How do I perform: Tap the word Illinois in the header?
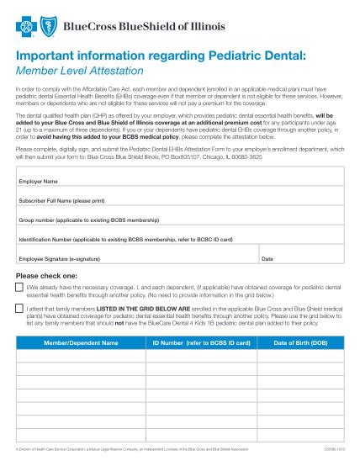click(x=207, y=26)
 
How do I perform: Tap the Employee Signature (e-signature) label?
click(x=67, y=260)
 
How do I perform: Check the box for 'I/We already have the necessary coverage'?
click(x=20, y=288)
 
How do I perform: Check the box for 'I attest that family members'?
click(x=20, y=310)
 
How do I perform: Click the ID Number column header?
click(x=201, y=343)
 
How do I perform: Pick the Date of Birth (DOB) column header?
click(x=301, y=343)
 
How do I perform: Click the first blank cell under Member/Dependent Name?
click(x=81, y=356)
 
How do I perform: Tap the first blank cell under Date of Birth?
click(x=301, y=356)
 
